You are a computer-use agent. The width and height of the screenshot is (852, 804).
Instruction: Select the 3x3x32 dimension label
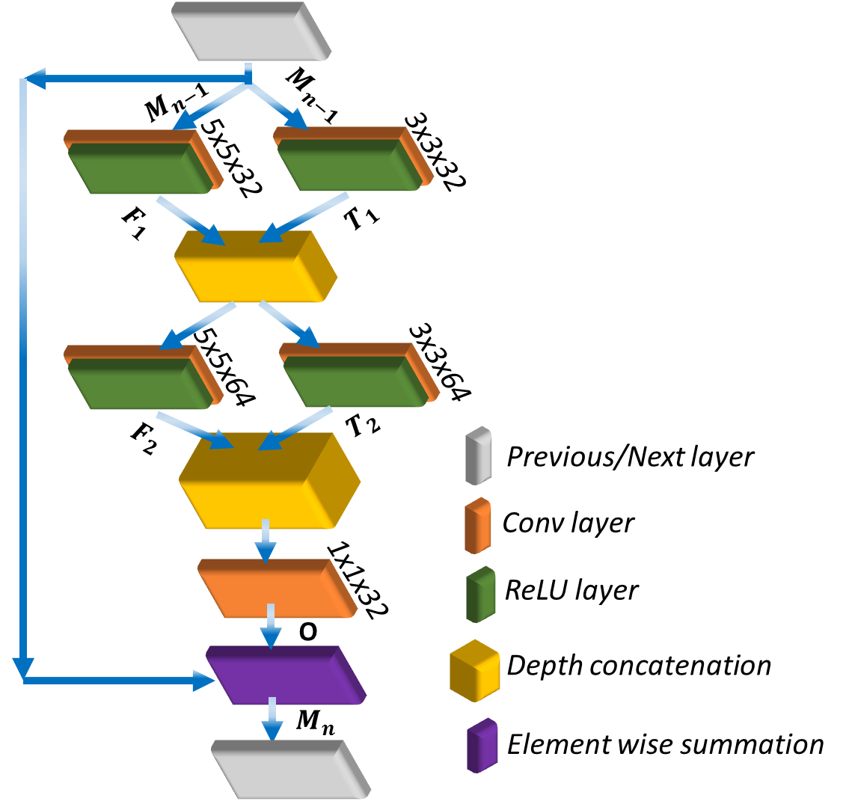434,153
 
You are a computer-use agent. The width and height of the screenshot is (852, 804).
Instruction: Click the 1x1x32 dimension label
357,579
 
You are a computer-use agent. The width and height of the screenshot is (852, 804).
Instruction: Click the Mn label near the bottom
313,721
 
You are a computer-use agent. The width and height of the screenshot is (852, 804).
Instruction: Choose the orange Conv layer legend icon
477,525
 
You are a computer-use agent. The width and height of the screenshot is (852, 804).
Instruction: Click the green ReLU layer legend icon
479,593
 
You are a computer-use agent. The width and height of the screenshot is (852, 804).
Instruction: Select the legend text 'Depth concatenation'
638,665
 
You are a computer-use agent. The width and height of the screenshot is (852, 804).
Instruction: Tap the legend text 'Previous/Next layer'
630,456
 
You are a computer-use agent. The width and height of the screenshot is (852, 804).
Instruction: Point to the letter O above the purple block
307,633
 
